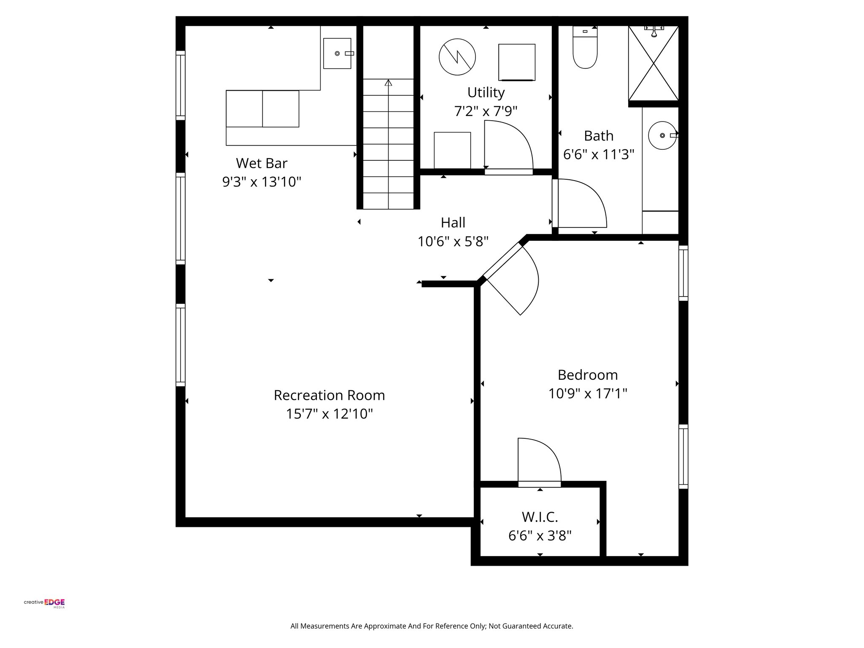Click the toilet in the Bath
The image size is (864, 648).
[x=585, y=47]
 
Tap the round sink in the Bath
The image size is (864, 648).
[x=663, y=135]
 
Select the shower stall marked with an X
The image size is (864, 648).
[x=653, y=63]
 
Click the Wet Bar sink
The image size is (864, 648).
[x=337, y=53]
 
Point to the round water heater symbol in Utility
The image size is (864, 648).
[x=457, y=57]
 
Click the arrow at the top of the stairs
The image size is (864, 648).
[x=388, y=83]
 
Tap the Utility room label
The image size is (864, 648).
[x=486, y=92]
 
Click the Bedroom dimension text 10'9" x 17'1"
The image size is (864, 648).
[x=588, y=394]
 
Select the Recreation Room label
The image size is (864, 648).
[x=329, y=395]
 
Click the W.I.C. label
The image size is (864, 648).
[x=540, y=516]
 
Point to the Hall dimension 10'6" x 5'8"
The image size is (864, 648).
[x=453, y=241]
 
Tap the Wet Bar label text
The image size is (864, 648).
[x=262, y=163]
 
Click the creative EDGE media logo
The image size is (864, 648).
[x=44, y=603]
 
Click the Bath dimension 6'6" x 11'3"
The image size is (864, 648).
[x=599, y=154]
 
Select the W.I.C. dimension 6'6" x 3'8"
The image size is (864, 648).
[x=540, y=536]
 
